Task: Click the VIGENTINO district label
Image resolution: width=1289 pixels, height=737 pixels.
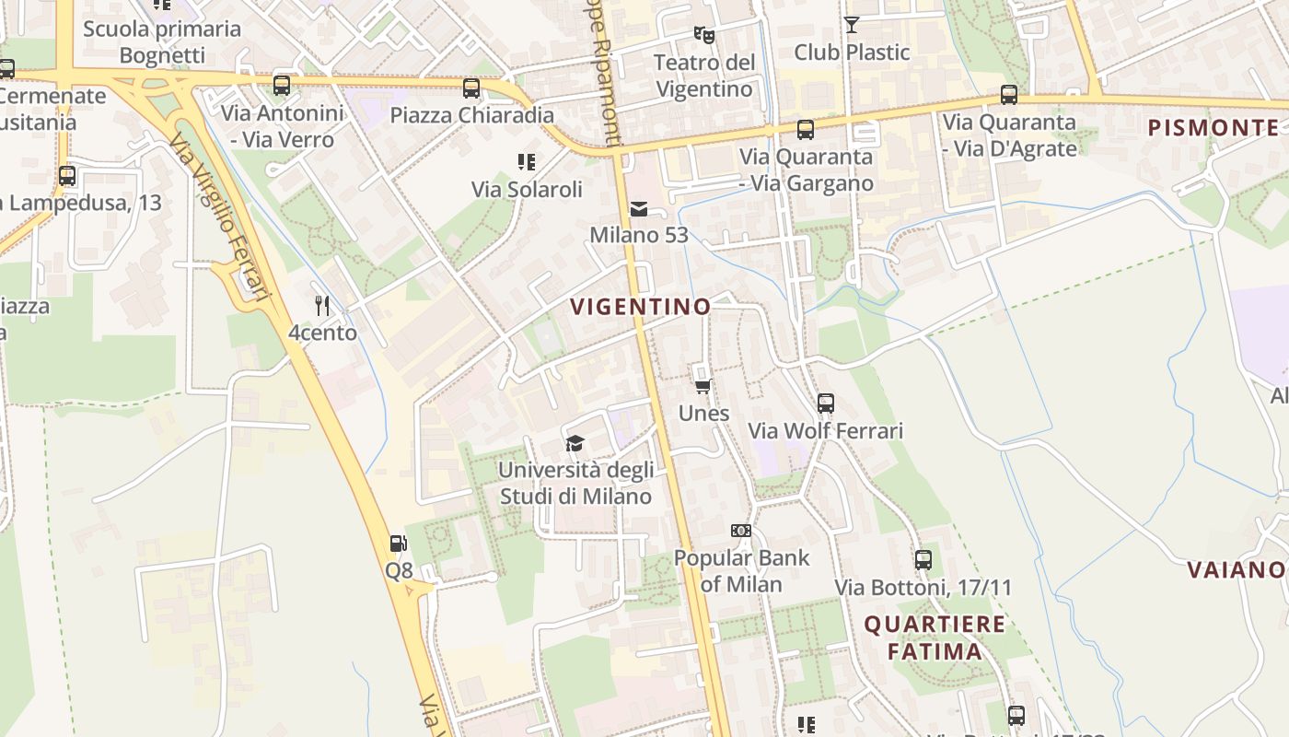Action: tap(640, 307)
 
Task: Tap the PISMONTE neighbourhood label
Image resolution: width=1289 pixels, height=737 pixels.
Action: tap(1214, 128)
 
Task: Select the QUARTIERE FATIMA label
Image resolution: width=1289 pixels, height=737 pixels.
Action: tap(935, 638)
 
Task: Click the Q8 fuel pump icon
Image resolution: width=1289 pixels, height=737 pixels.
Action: tap(398, 544)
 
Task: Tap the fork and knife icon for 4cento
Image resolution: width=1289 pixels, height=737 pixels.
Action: tap(321, 305)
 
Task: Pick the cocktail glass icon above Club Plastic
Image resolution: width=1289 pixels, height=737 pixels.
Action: tap(852, 25)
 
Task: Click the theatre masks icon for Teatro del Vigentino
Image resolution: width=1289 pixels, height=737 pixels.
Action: tap(704, 35)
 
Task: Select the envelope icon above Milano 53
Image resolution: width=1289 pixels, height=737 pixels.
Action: tap(639, 209)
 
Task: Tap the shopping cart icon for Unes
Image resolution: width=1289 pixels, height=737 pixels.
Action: tap(703, 387)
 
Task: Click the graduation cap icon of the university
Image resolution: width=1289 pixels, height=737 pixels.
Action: tap(575, 444)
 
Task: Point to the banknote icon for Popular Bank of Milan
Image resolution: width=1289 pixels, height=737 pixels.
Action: tap(741, 531)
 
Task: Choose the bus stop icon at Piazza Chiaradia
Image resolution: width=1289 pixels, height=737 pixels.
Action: tap(471, 88)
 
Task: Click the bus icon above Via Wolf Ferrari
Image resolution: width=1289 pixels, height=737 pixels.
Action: tap(826, 404)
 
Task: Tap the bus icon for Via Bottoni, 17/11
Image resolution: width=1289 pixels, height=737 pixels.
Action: tap(923, 559)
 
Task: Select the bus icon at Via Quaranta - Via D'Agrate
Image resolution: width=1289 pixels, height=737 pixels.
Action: tap(1009, 95)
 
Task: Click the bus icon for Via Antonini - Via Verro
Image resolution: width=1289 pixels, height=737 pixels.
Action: tap(282, 86)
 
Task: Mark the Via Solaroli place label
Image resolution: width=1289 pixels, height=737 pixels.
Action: tap(527, 190)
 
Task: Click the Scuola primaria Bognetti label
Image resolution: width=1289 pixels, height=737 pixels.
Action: tap(162, 41)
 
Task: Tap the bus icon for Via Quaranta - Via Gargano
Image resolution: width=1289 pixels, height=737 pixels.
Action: tap(806, 130)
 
